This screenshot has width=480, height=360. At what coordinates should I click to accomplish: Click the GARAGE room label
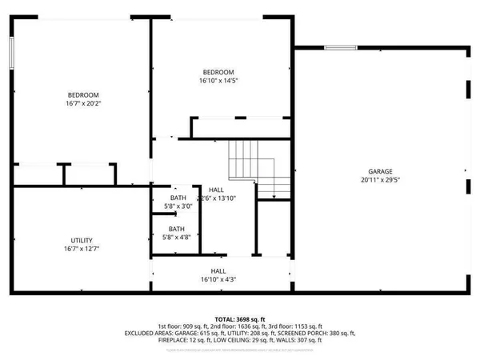coord(379,171)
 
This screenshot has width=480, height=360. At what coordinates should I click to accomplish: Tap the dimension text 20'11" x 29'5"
coord(379,180)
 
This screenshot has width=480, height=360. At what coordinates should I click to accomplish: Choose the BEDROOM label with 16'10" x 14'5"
coord(218,72)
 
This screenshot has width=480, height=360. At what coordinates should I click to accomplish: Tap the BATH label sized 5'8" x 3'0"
coord(178,198)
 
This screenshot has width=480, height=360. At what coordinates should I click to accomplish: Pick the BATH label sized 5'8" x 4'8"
coord(177,228)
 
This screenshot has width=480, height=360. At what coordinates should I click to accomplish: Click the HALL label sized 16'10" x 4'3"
coord(218,270)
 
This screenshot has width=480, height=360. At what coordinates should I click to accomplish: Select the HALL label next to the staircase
coord(218,189)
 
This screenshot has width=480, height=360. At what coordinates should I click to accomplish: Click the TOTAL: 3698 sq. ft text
coord(240,318)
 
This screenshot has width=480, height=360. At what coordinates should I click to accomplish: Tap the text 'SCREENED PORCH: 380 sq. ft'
coord(316,334)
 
